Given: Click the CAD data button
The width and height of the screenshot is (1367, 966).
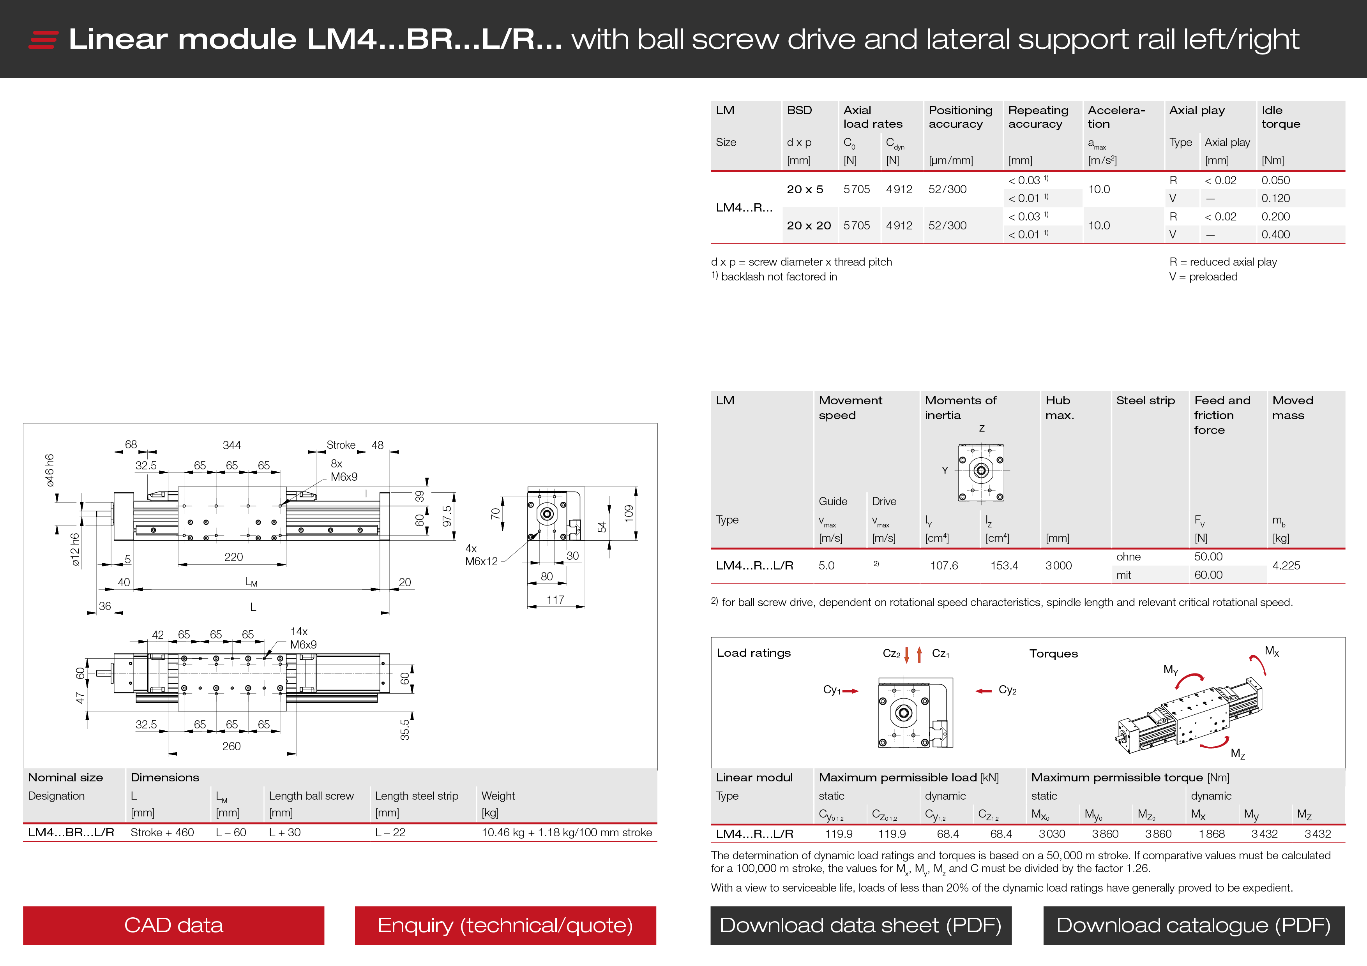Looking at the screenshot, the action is click(x=173, y=925).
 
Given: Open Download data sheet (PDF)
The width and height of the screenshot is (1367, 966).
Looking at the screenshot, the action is click(x=860, y=925).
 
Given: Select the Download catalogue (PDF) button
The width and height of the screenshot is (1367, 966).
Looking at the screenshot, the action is click(x=1193, y=925).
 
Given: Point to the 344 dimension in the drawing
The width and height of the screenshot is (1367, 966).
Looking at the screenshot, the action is click(x=231, y=445).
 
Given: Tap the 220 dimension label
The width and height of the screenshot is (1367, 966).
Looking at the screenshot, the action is click(x=233, y=557).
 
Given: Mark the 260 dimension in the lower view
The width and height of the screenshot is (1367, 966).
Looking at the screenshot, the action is click(x=231, y=746).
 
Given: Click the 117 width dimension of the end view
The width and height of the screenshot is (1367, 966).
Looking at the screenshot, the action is click(x=556, y=600).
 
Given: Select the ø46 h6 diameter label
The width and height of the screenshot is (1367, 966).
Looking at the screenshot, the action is click(x=50, y=470).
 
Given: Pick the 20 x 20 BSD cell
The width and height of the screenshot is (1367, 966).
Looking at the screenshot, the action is click(x=809, y=226).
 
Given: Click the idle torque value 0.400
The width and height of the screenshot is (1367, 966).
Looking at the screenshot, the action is click(x=1275, y=234).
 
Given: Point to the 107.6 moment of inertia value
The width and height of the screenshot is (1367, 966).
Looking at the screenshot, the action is click(x=944, y=566).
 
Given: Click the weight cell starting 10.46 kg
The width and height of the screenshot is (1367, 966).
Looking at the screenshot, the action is click(x=567, y=833).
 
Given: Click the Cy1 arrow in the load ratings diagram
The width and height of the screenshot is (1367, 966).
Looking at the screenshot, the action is click(x=851, y=691).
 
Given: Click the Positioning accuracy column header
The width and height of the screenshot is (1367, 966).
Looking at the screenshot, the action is click(x=960, y=117).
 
